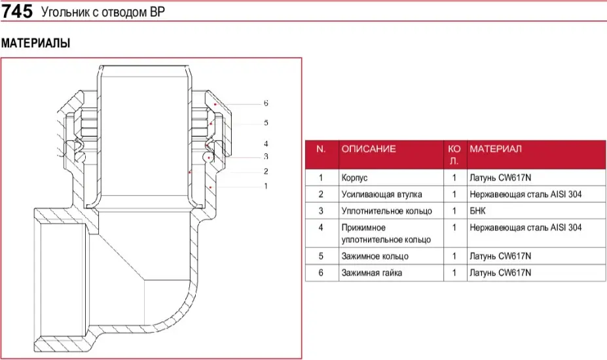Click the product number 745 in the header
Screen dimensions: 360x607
pyautogui.click(x=18, y=12)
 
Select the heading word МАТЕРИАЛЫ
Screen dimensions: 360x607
pyautogui.click(x=35, y=43)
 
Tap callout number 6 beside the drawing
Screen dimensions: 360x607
pyautogui.click(x=266, y=103)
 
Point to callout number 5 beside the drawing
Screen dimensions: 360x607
pyautogui.click(x=266, y=122)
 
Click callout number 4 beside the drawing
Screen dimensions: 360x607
pyautogui.click(x=266, y=143)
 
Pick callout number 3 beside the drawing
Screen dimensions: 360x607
pyautogui.click(x=266, y=156)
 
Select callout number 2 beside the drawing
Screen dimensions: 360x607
pyautogui.click(x=266, y=171)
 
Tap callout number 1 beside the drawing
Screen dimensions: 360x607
pyautogui.click(x=266, y=186)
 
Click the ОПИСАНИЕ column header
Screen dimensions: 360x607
pyautogui.click(x=368, y=149)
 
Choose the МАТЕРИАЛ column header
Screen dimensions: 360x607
pyautogui.click(x=496, y=149)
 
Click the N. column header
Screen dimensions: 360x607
pyautogui.click(x=321, y=149)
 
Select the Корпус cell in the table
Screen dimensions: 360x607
pyautogui.click(x=355, y=177)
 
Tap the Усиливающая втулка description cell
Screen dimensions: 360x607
pyautogui.click(x=381, y=194)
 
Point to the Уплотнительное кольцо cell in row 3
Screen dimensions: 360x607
pyautogui.click(x=386, y=211)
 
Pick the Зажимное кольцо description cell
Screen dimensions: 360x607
pyautogui.click(x=375, y=256)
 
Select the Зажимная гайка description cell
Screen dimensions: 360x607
pyautogui.click(x=371, y=272)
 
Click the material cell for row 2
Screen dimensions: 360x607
pyautogui.click(x=525, y=194)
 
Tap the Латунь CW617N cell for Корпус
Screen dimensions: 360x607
pyautogui.click(x=500, y=177)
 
